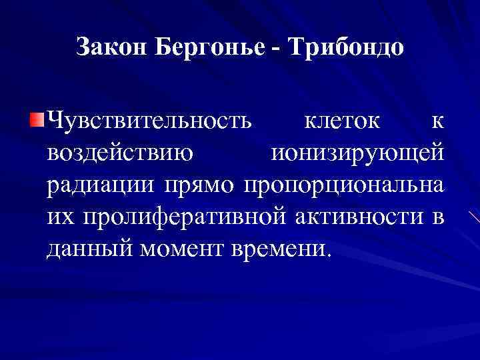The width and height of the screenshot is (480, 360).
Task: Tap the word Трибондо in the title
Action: (x=346, y=48)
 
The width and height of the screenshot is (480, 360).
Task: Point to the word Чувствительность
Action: (x=150, y=122)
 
